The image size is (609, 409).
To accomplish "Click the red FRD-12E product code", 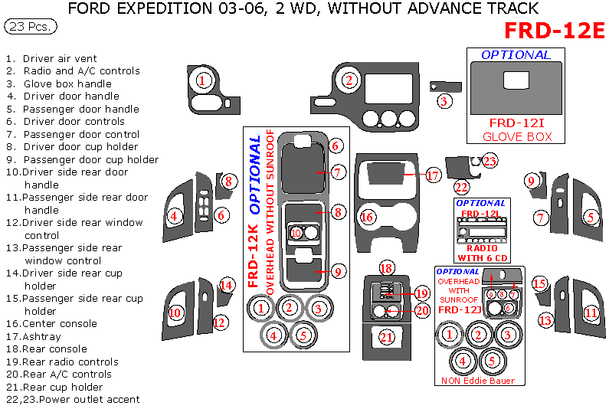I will click(x=555, y=30).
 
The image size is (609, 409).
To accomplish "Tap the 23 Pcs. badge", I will click(x=30, y=26).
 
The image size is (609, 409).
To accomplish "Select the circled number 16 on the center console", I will click(x=368, y=218).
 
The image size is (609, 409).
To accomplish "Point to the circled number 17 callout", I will click(x=434, y=175).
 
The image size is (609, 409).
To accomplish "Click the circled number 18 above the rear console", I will click(x=386, y=268).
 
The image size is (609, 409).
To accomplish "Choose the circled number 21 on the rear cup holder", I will click(x=387, y=337).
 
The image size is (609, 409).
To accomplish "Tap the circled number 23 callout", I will click(x=489, y=160).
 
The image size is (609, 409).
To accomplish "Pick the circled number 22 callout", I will click(x=461, y=186).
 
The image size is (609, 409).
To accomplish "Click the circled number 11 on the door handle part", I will click(x=591, y=312).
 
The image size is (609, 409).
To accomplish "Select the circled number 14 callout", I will click(x=227, y=286).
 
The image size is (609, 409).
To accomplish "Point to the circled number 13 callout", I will click(x=545, y=320).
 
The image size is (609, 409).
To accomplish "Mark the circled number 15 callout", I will click(x=540, y=284).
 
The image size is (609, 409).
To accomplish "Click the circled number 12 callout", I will click(x=220, y=322).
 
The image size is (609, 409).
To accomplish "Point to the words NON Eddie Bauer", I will click(x=478, y=381).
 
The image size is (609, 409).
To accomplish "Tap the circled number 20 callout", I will click(x=422, y=310).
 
